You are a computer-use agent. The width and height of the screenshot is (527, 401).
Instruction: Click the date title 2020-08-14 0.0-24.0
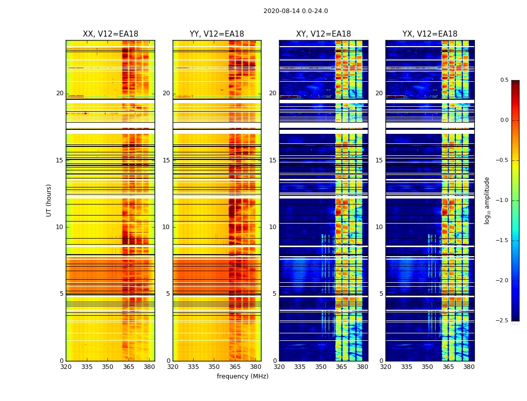296,11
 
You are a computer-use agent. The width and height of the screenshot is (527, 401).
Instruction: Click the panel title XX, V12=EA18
110,34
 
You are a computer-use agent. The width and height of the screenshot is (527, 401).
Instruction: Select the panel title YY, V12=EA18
217,34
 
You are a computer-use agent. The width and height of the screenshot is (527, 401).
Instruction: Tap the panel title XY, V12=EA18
323,34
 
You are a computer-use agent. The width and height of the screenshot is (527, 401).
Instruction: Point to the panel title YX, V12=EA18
430,34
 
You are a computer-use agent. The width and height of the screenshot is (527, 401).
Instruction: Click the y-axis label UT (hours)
49,200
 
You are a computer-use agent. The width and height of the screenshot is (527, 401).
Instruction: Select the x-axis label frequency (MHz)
242,376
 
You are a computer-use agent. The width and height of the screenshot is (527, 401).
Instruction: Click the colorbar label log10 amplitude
487,200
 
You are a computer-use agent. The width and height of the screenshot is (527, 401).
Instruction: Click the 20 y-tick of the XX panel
60,93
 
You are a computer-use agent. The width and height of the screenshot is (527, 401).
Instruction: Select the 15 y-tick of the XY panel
273,160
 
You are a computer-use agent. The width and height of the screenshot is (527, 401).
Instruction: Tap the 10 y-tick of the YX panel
379,227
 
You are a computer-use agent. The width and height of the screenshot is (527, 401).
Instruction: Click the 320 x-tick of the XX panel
66,367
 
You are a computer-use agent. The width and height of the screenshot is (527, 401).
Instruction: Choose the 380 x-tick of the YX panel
469,367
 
